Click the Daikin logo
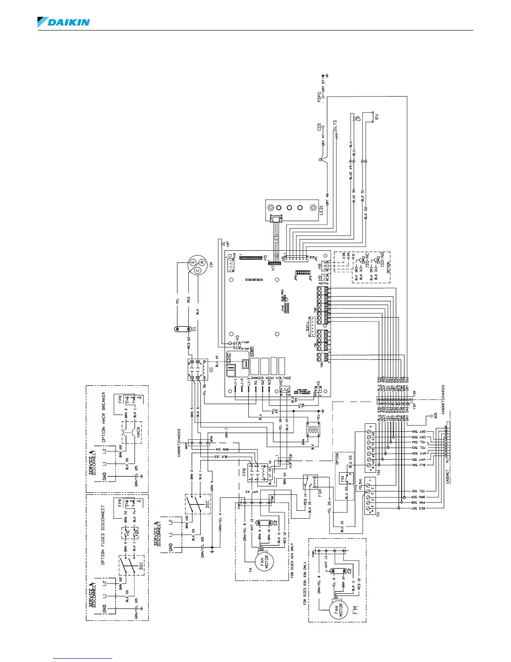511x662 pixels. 63,22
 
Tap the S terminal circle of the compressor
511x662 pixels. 193,262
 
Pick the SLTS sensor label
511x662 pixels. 335,127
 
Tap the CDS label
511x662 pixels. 319,126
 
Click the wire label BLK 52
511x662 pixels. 366,213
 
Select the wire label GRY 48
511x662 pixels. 328,199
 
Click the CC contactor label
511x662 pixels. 211,369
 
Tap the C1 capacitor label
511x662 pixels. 194,329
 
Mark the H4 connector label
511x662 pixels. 234,255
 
